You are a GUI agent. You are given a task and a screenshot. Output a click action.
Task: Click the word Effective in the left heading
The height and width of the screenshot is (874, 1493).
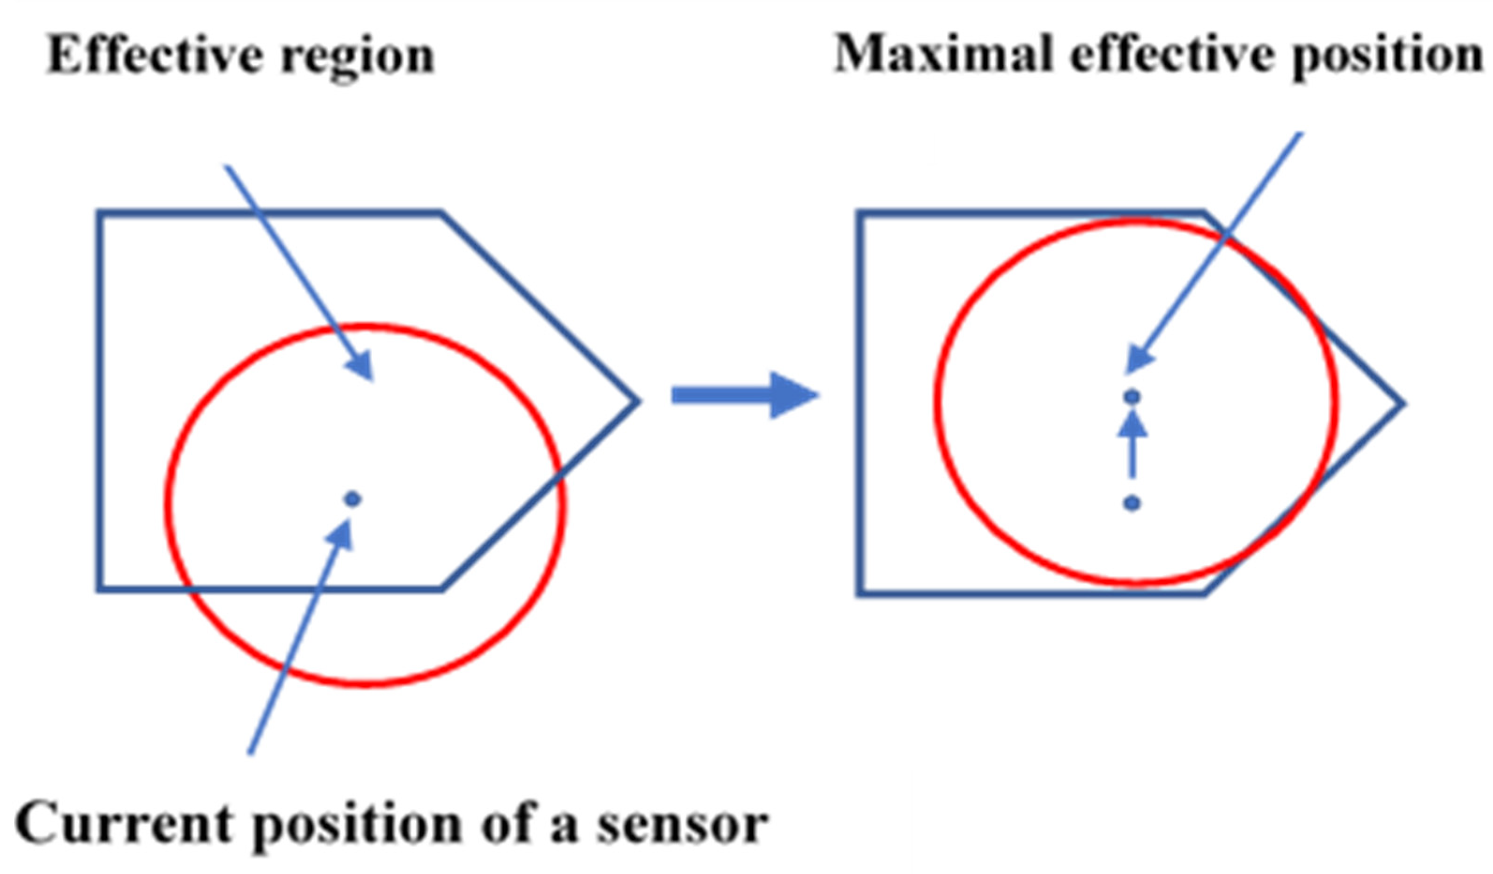[x=154, y=55]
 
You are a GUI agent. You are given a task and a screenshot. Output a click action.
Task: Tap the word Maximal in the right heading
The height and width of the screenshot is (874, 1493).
[x=942, y=53]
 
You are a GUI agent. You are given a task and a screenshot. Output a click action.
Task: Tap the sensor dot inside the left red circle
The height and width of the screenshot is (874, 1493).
[x=353, y=499]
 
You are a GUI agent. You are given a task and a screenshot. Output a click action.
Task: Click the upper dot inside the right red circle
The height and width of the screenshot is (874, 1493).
[x=1132, y=396]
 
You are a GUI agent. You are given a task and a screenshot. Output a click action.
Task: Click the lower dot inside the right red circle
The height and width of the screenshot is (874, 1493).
[x=1132, y=503]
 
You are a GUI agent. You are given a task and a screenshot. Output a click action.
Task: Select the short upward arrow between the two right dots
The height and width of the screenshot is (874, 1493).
[x=1132, y=444]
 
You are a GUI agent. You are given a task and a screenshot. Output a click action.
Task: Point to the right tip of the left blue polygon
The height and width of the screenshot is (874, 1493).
[x=639, y=401]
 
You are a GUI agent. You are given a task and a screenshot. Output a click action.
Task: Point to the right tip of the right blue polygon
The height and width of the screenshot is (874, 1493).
[x=1403, y=404]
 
